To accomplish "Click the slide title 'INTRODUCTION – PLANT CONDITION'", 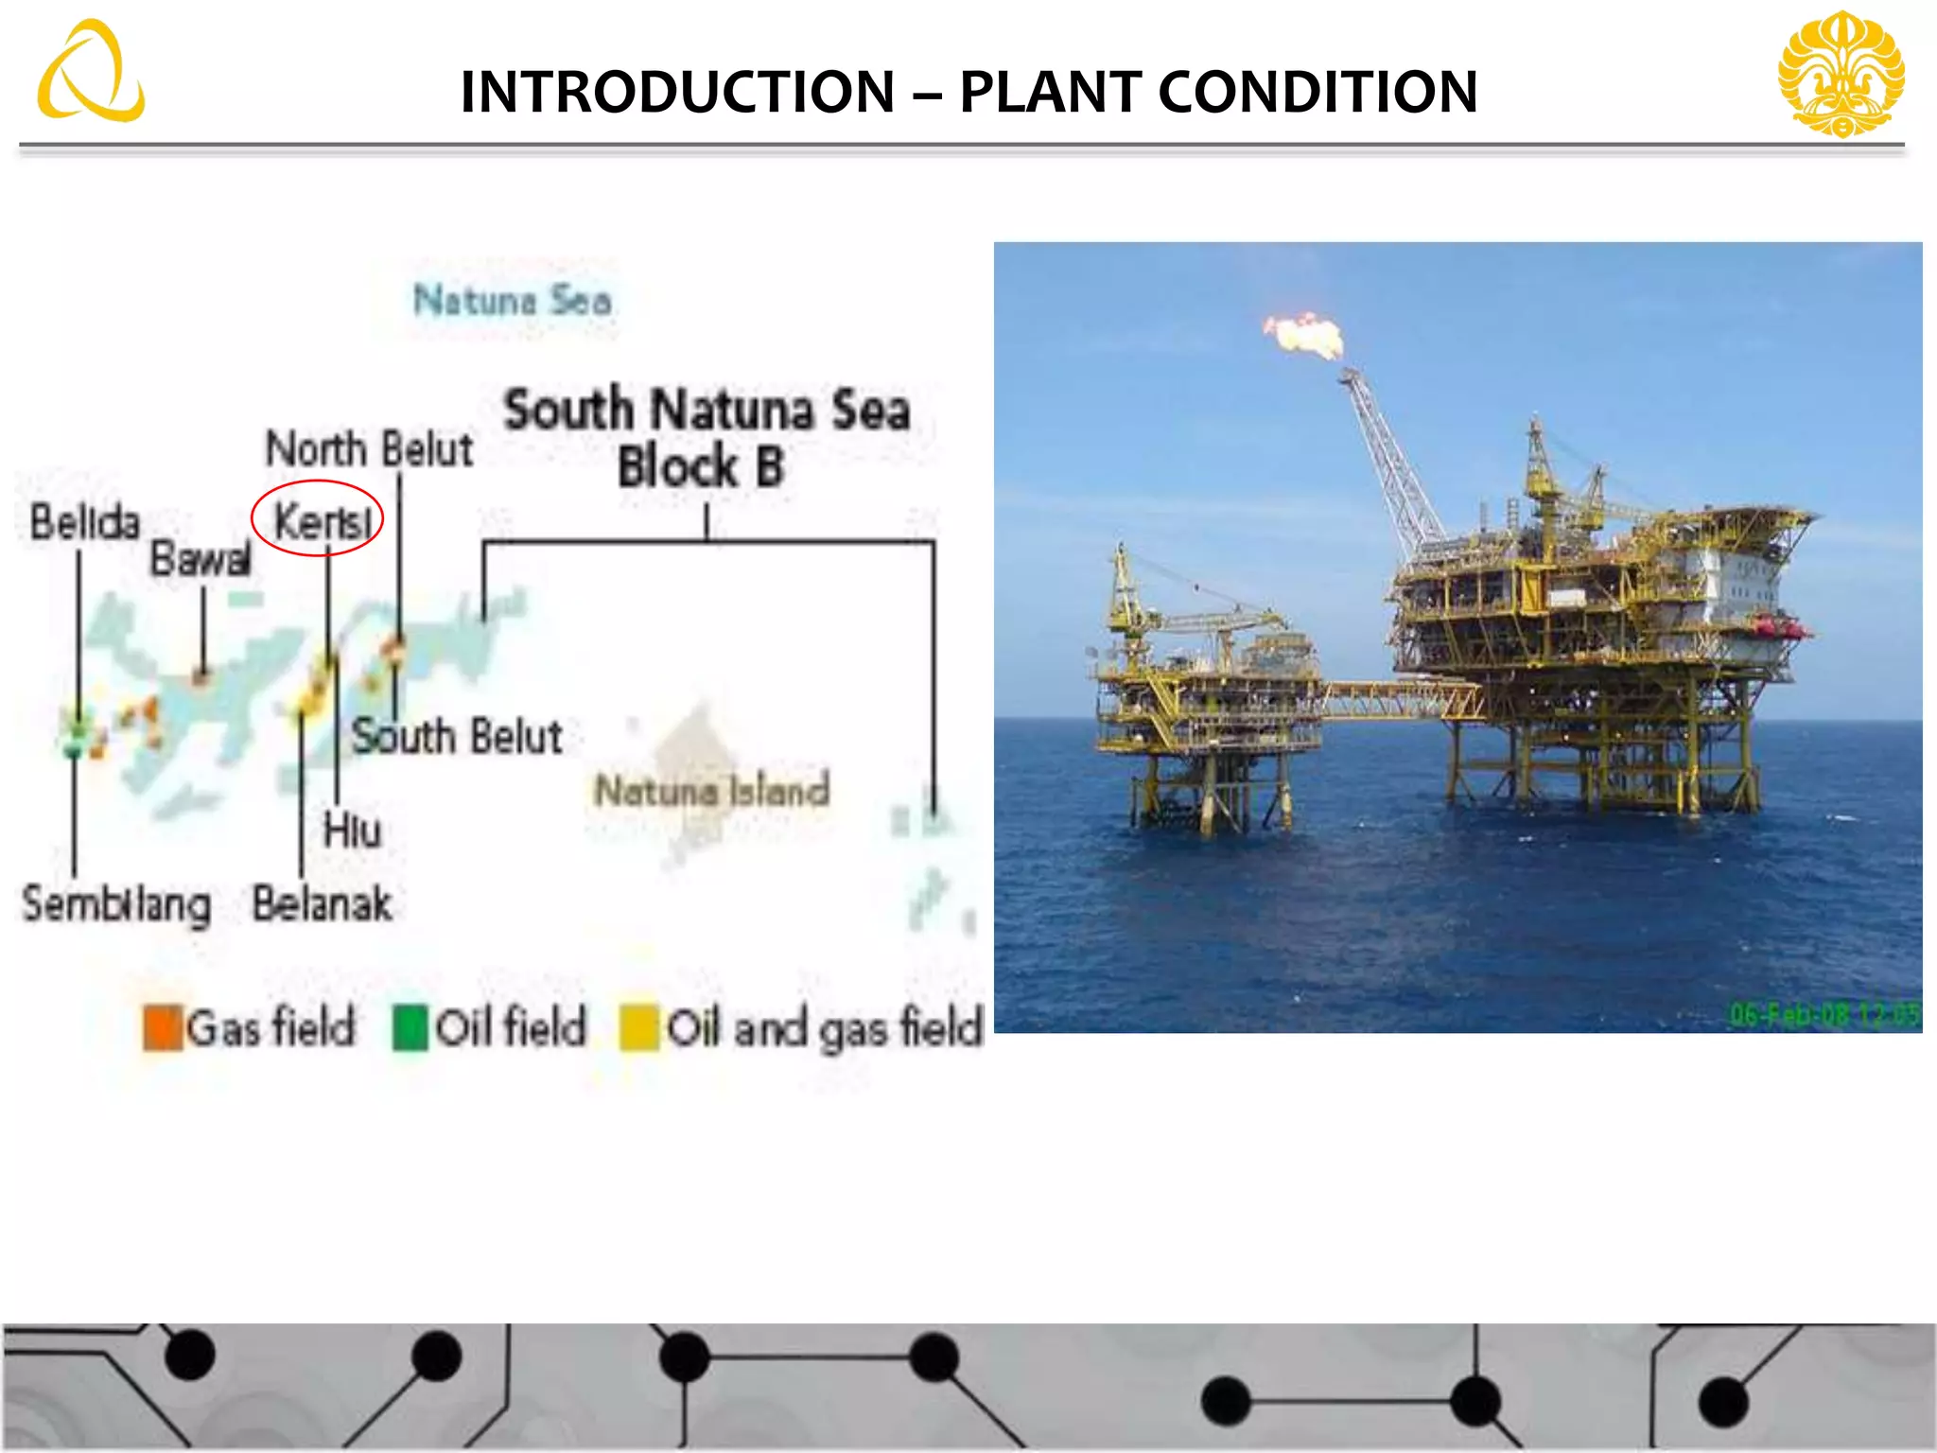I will pyautogui.click(x=968, y=92).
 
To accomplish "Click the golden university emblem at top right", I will pyautogui.click(x=1841, y=74).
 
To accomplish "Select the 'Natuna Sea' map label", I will pyautogui.click(x=512, y=301).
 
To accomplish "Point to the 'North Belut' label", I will pyautogui.click(x=369, y=448).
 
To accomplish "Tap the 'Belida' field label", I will pyautogui.click(x=84, y=522).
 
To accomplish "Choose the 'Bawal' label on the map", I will pyautogui.click(x=201, y=559).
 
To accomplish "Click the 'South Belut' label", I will pyautogui.click(x=457, y=737).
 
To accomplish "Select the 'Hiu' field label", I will pyautogui.click(x=352, y=831).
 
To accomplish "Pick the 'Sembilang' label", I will pyautogui.click(x=116, y=905).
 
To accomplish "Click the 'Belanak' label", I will pyautogui.click(x=322, y=903).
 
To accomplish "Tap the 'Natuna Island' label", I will pyautogui.click(x=711, y=790).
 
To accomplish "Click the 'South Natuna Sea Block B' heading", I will pyautogui.click(x=706, y=438).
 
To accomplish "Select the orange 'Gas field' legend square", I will pyautogui.click(x=163, y=1028).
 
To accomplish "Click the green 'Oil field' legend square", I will pyautogui.click(x=410, y=1028).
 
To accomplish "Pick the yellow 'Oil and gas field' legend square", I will pyautogui.click(x=638, y=1028).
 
